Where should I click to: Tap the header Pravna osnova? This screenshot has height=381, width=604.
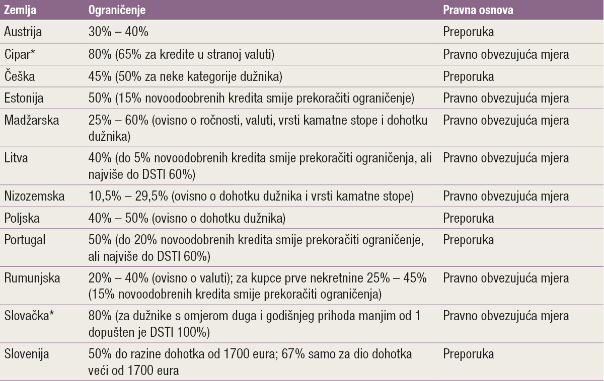tap(478, 10)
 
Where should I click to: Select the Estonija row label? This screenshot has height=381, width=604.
tap(24, 99)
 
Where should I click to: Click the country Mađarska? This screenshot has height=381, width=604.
tap(28, 121)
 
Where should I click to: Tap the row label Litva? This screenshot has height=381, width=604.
tap(16, 158)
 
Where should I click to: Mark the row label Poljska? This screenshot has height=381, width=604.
tap(21, 218)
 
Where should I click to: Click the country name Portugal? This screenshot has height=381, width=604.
tap(24, 240)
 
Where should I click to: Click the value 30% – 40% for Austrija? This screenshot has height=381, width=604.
tap(118, 32)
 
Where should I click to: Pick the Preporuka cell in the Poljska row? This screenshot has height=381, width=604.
tap(468, 218)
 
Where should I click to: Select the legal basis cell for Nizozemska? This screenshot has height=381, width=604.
tap(506, 196)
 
